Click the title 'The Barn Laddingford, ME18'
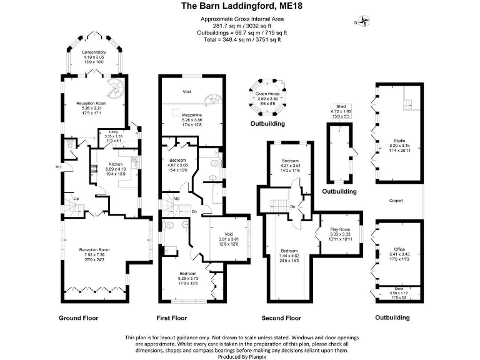click(239, 7)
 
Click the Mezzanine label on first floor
click(192, 116)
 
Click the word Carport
click(396, 201)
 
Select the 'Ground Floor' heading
click(79, 317)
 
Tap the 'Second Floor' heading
click(281, 317)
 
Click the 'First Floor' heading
click(171, 317)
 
